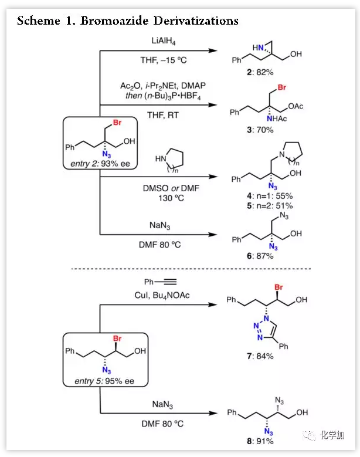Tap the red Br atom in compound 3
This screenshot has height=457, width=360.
point(281,88)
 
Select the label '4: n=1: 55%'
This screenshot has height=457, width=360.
point(269,195)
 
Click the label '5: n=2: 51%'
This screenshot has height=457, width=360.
point(269,205)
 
